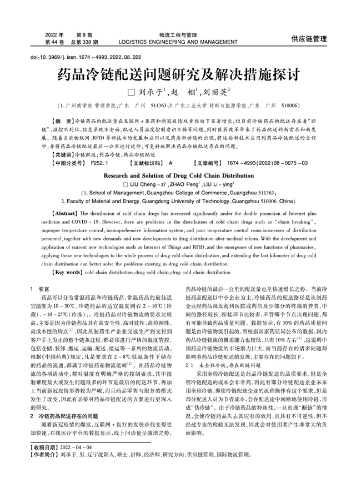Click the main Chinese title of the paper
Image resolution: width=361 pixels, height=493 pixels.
pos(180,73)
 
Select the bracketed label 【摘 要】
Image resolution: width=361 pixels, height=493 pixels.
pos(62,120)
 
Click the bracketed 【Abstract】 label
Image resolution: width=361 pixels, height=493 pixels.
pos(64,213)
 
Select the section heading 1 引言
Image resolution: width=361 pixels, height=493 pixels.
pos(39,290)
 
